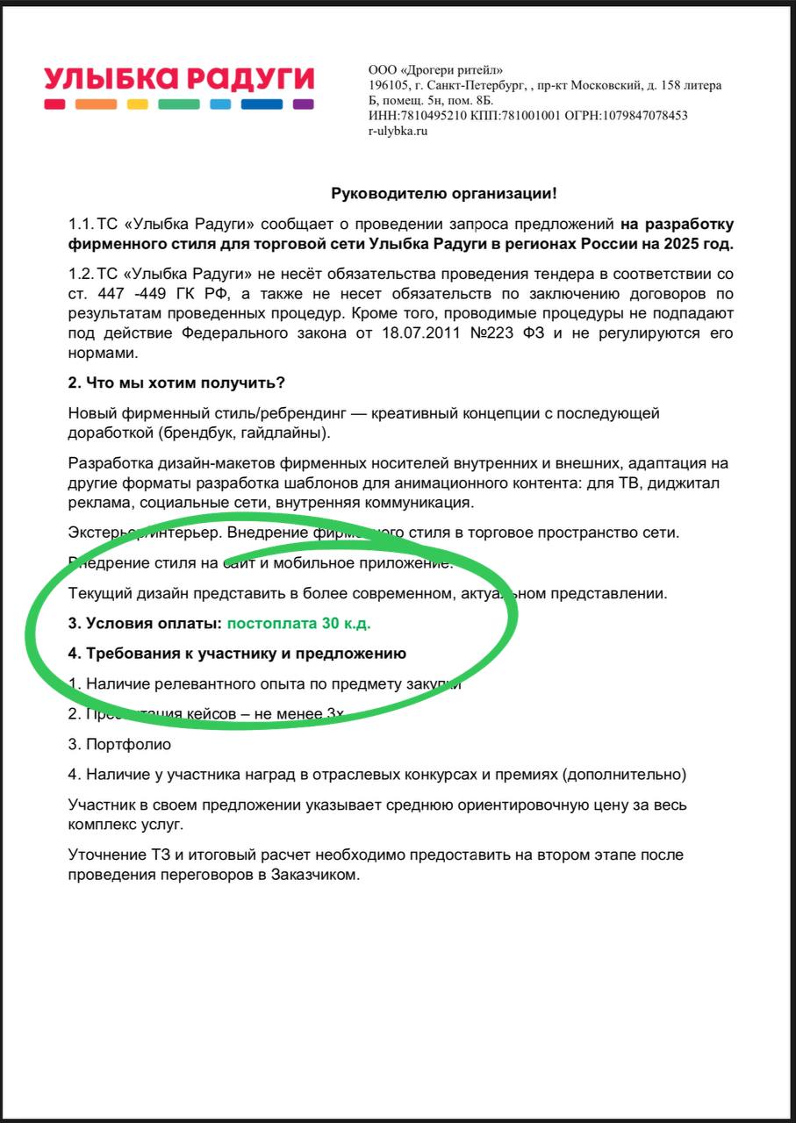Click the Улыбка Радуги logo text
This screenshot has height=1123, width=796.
click(179, 79)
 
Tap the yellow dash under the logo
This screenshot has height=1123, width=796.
click(138, 104)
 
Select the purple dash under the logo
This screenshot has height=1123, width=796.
click(303, 104)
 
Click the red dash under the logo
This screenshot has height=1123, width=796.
click(55, 104)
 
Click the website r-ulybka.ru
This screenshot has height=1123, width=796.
click(398, 131)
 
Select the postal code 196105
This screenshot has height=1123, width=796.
click(386, 85)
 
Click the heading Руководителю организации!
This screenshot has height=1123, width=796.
click(443, 193)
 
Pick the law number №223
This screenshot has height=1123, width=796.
click(519, 333)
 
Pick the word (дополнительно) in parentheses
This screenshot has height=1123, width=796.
click(624, 775)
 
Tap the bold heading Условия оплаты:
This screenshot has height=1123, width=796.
click(146, 623)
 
